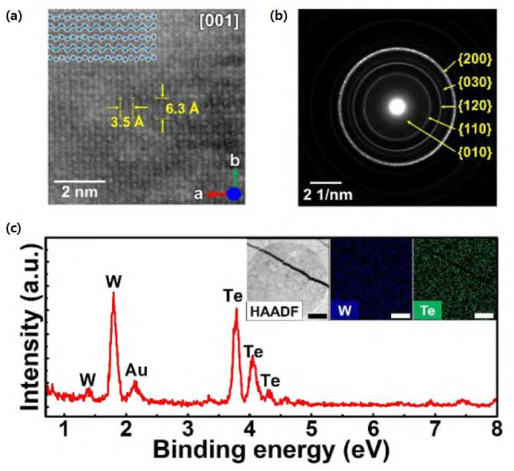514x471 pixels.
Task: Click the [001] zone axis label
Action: tap(218, 21)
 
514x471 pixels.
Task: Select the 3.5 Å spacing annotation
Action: tap(128, 122)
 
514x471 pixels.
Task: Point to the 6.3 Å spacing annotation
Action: tap(182, 108)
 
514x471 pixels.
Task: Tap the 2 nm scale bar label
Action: tap(80, 192)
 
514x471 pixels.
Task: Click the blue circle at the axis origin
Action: tap(234, 194)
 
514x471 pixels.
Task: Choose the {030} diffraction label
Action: tap(475, 82)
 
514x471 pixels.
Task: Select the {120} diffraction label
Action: tap(475, 106)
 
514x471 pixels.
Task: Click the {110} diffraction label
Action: tap(475, 128)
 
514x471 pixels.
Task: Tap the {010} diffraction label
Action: tap(475, 152)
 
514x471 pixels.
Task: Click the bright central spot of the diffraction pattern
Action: tap(397, 107)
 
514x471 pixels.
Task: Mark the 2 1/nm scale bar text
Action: tap(328, 195)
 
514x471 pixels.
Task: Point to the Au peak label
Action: tap(136, 371)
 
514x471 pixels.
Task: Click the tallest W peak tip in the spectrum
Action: tap(113, 292)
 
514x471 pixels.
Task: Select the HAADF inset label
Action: tap(275, 311)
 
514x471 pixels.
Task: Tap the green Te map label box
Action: tap(427, 310)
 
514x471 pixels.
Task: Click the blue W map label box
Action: tap(344, 310)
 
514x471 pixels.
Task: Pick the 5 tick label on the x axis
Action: tap(312, 429)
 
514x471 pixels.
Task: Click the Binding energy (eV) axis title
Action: tap(272, 450)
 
